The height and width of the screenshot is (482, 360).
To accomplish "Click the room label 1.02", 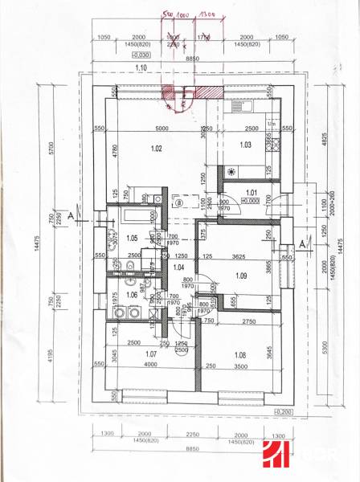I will pos(157,148).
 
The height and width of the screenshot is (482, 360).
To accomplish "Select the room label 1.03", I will pos(246,145).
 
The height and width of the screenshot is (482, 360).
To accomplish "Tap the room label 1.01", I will pos(250,193).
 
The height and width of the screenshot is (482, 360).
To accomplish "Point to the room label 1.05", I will pos(133,238).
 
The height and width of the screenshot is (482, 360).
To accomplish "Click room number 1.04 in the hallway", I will pos(179,267).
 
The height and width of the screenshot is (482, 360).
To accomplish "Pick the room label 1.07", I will pos(149,353).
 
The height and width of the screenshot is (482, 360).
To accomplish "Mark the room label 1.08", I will pos(240,354).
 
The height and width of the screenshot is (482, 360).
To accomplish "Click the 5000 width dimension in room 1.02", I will pos(162,129).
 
